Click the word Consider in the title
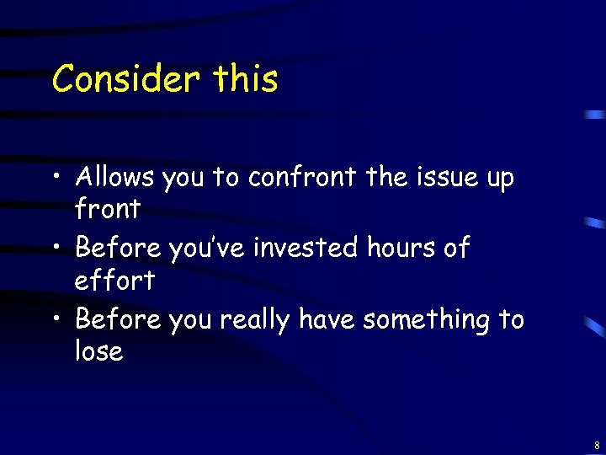point(125,79)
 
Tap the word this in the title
point(245,79)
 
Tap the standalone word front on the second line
point(108,208)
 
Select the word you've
point(201,249)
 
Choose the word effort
point(114,280)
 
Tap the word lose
point(99,351)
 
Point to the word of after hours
point(454,249)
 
